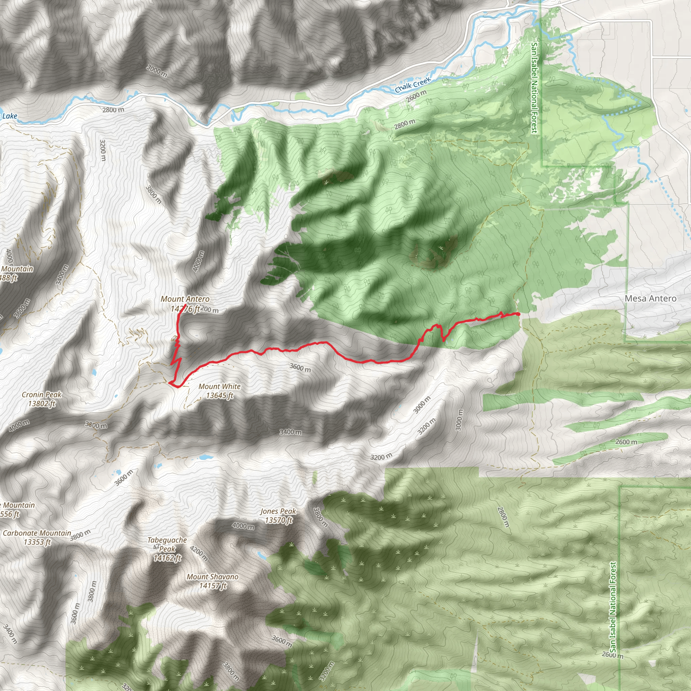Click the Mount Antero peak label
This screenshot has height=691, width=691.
[x=185, y=299]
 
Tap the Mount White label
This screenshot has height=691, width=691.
[x=219, y=387]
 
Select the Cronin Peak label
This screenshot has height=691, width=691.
[x=42, y=395]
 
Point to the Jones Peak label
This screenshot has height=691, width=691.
[x=278, y=512]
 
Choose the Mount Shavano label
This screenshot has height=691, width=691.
[x=213, y=577]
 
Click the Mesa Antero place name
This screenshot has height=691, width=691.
[x=650, y=299]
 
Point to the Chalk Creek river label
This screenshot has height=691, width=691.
[x=413, y=85]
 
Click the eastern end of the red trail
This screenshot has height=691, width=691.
[x=518, y=314]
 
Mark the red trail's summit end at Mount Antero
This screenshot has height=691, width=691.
[x=185, y=305]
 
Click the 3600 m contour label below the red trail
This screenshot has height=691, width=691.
[x=300, y=367]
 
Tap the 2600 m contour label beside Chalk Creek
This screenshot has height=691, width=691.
[x=417, y=96]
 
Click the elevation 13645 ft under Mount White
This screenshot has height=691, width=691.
[x=220, y=395]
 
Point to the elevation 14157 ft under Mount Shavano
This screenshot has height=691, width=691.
[x=213, y=586]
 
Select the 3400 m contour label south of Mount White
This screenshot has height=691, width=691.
[x=291, y=433]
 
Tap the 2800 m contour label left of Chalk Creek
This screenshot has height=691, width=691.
[x=113, y=110]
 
